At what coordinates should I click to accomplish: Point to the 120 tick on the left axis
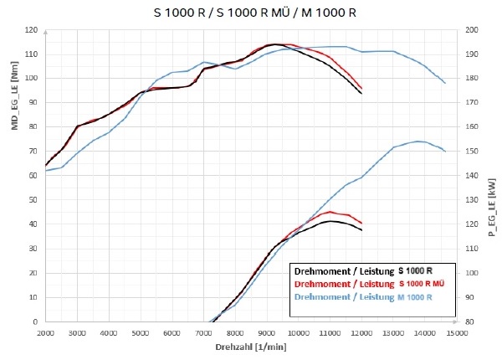[x=33, y=30]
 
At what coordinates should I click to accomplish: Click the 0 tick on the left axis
[x=37, y=321]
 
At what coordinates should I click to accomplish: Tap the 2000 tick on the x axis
[x=46, y=332]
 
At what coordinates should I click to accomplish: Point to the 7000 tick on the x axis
[x=203, y=332]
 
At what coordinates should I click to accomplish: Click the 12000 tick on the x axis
[x=361, y=332]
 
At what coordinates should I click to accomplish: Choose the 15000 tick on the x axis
[x=455, y=332]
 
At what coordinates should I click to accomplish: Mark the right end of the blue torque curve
[x=444, y=83]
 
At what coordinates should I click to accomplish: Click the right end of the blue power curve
[x=444, y=152]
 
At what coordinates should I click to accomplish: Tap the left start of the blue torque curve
[x=46, y=171]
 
